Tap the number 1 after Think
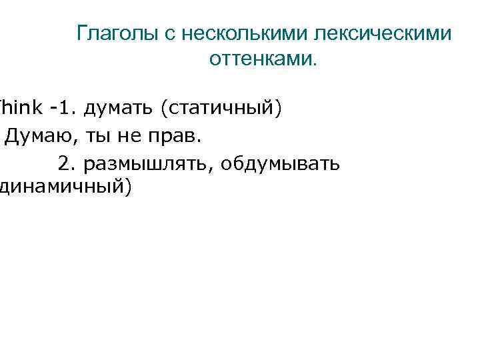62,108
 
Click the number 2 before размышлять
64,163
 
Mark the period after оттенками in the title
315,64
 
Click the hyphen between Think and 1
51,109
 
